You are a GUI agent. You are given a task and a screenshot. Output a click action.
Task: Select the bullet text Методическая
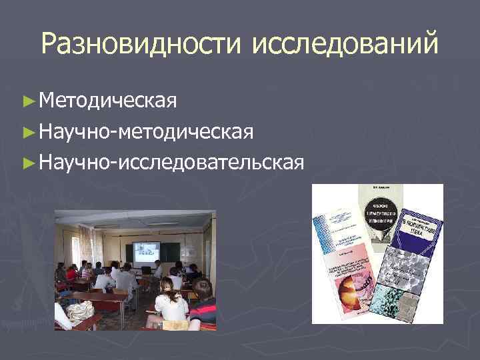(x=107, y=100)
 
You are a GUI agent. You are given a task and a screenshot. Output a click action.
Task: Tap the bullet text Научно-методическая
(x=146, y=131)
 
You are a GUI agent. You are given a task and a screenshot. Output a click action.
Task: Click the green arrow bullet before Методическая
(x=27, y=101)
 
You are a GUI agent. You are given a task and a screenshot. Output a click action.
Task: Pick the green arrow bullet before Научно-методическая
(x=27, y=131)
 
